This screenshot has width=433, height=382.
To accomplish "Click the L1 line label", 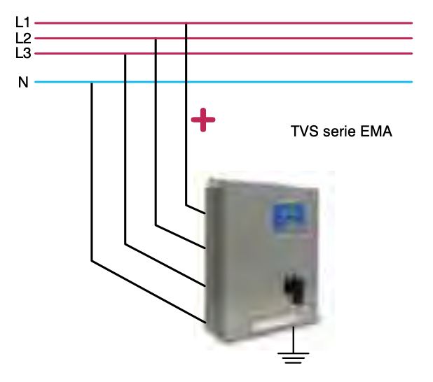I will tap(22, 22).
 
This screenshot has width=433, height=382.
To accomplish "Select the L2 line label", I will tap(22, 38).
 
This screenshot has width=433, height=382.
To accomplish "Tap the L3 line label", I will tap(22, 53).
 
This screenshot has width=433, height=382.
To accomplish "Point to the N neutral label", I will tap(23, 83).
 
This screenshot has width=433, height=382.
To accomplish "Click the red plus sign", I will tap(203, 120).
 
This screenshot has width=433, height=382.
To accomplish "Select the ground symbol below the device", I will tap(294, 358).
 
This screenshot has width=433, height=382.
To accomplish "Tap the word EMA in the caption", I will tap(377, 131).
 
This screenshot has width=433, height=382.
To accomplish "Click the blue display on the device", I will tap(288, 217).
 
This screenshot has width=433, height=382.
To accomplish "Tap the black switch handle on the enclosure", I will tap(295, 288).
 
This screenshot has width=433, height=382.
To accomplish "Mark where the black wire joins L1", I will tap(186, 23).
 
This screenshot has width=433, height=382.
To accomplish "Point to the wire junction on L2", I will tap(156, 38).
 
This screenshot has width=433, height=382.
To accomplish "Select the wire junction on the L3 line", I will tap(125, 54).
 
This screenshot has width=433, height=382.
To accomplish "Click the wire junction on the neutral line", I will tap(92, 83).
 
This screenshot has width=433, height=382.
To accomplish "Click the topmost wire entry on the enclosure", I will tap(205, 212).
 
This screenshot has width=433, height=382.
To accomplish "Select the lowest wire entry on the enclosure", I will tap(205, 321).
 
